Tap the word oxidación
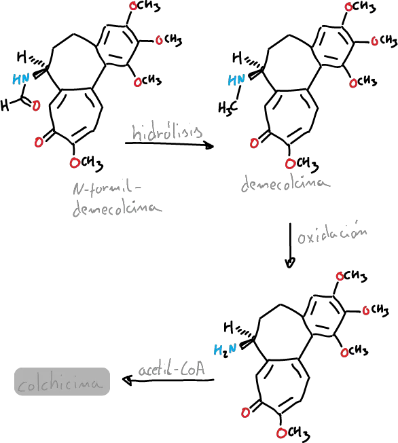pyautogui.click(x=332, y=236)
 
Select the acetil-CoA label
pyautogui.click(x=171, y=368)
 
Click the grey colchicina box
pyautogui.click(x=62, y=381)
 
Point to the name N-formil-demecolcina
pyautogui.click(x=117, y=199)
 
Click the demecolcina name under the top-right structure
pyautogui.click(x=285, y=184)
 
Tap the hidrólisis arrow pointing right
pyautogui.click(x=169, y=145)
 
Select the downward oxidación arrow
pyautogui.click(x=290, y=245)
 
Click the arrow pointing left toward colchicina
pyautogui.click(x=168, y=380)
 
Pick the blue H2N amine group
pyautogui.click(x=225, y=350)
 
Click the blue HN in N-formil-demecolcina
pyautogui.click(x=21, y=79)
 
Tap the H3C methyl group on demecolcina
pyautogui.click(x=228, y=107)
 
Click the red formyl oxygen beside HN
pyautogui.click(x=36, y=106)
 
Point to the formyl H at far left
pyautogui.click(x=5, y=105)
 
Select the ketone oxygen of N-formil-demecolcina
pyautogui.click(x=39, y=141)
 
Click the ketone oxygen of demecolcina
pyautogui.click(x=254, y=143)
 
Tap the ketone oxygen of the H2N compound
pyautogui.click(x=245, y=412)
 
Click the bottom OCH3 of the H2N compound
pyautogui.click(x=293, y=432)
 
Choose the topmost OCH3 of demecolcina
pyautogui.click(x=359, y=7)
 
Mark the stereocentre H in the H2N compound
pyautogui.click(x=228, y=327)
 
